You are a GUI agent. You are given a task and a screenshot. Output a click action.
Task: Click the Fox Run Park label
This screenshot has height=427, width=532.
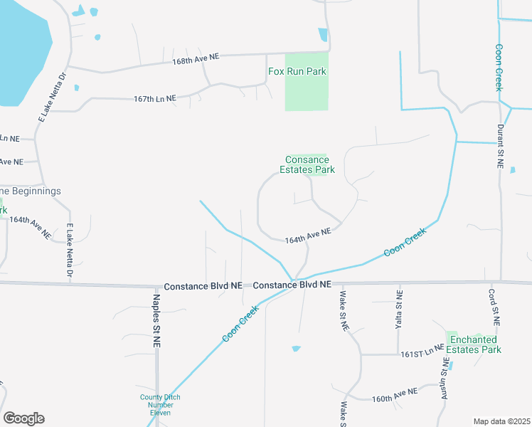tap(297, 71)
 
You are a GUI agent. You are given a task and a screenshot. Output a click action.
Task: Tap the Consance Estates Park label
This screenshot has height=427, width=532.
tap(307, 164)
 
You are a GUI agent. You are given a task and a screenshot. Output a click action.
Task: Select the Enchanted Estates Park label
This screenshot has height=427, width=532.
tap(474, 344)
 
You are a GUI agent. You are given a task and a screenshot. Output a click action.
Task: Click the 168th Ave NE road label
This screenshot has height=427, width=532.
tap(195, 63)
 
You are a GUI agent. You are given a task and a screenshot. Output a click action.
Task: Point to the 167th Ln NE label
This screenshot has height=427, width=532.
tap(154, 99)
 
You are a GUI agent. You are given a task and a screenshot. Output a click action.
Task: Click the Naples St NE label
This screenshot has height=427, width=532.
tap(156, 317)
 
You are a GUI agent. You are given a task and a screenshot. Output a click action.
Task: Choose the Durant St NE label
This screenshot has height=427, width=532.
tap(500, 147)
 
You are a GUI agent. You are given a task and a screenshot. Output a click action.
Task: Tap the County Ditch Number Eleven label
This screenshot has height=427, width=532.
tap(160, 405)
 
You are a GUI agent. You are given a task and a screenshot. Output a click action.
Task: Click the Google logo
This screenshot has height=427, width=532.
tap(23, 418)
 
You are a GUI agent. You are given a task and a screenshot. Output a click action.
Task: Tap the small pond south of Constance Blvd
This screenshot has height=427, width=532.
tap(296, 349)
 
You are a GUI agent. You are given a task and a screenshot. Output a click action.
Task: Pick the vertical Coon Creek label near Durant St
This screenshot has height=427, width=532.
tap(499, 68)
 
